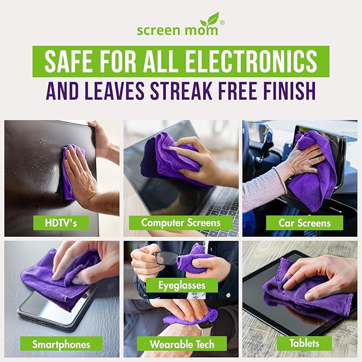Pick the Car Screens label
[x=304, y=223]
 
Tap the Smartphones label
[x=60, y=344]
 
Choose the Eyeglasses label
[x=182, y=285]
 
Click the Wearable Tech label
[x=182, y=344]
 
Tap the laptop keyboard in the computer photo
[x=221, y=205]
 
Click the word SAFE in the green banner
[x=67, y=62]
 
